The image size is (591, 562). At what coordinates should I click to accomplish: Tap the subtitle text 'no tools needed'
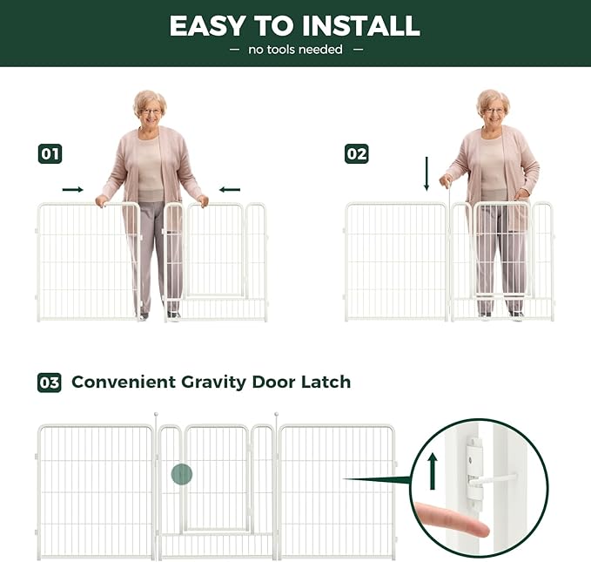click(295, 50)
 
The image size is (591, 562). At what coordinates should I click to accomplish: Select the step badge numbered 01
click(50, 154)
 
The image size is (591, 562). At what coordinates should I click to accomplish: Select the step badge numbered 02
click(357, 154)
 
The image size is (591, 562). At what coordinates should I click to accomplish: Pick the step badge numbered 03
click(50, 383)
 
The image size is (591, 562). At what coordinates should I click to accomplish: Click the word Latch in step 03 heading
click(326, 383)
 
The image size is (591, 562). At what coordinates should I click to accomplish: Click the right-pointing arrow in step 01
click(73, 189)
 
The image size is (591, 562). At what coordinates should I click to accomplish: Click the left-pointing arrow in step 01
click(230, 189)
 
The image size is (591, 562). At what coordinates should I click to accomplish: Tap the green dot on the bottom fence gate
click(181, 475)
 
